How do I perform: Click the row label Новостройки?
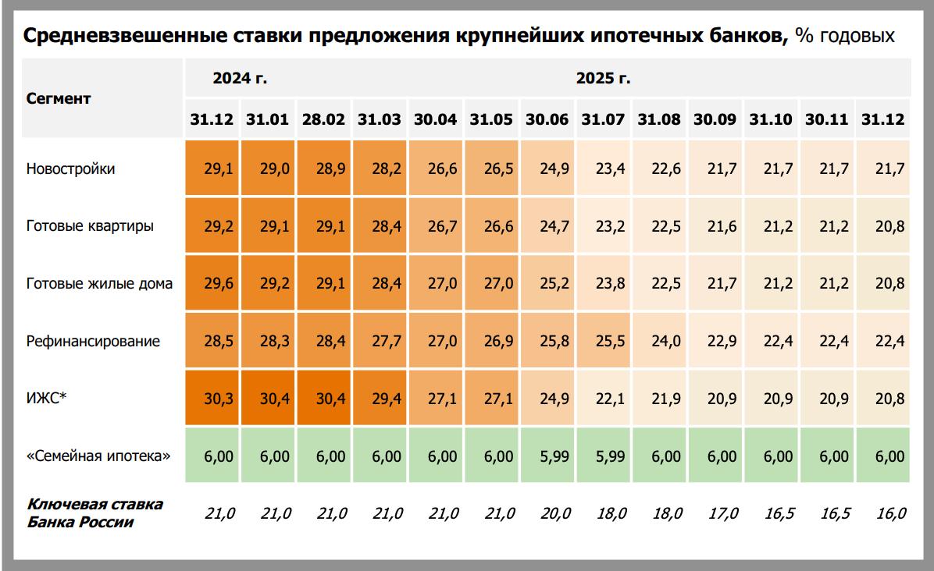pos(70,168)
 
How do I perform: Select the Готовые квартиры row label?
pos(90,226)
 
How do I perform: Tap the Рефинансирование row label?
pos(93,341)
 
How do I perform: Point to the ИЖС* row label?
pos(47,399)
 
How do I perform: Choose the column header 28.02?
pos(323,119)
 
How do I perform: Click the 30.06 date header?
pos(547,119)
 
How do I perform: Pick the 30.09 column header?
pos(715,119)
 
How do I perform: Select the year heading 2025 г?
pos(604,78)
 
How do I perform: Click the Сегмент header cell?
pos(59,98)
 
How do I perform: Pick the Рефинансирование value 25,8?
pos(547,341)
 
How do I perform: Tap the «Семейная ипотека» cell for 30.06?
pos(547,456)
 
